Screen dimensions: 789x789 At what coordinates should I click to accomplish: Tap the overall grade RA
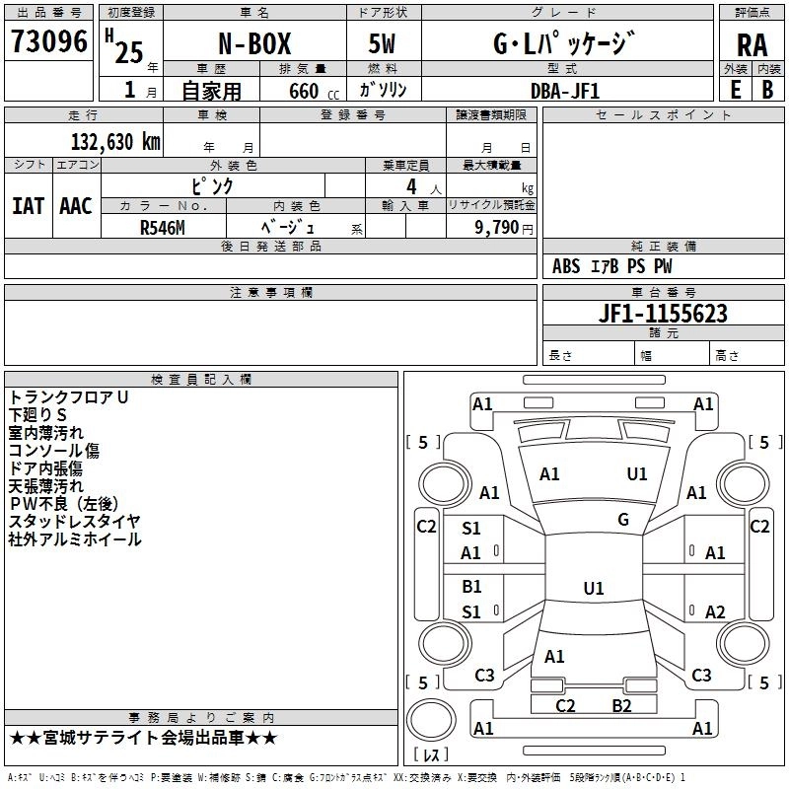tap(753, 45)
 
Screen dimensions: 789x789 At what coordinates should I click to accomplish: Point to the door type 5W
tap(382, 45)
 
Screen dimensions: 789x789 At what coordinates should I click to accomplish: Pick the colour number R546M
tap(163, 226)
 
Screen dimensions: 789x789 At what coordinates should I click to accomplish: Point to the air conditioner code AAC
tap(76, 206)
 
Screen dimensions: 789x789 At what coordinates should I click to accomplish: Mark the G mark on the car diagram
tap(623, 520)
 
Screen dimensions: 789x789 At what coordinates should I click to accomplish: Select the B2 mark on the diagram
tap(621, 705)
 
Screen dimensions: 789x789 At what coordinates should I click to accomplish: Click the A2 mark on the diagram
tap(715, 612)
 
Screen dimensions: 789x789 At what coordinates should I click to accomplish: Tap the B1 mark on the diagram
tap(471, 587)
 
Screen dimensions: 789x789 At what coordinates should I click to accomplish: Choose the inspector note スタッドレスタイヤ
tap(75, 522)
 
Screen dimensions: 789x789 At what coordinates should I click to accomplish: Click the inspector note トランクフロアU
tap(69, 397)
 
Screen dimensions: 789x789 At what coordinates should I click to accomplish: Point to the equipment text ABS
tap(567, 266)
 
